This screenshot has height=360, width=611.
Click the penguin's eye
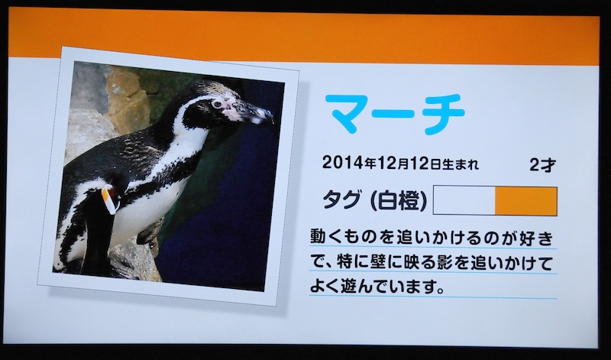(217, 104)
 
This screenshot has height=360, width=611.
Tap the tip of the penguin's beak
(271, 118)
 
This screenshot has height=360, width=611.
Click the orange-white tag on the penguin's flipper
(108, 200)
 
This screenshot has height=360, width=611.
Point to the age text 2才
(542, 165)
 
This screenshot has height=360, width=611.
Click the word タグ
(341, 200)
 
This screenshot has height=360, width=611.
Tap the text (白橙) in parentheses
(398, 201)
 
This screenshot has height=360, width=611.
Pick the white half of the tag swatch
(464, 200)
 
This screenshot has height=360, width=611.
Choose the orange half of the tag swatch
(526, 200)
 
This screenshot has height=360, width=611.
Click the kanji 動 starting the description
(318, 238)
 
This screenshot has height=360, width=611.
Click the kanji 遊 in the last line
(355, 287)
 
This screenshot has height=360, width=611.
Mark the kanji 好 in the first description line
(528, 238)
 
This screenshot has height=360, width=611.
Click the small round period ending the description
(440, 291)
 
